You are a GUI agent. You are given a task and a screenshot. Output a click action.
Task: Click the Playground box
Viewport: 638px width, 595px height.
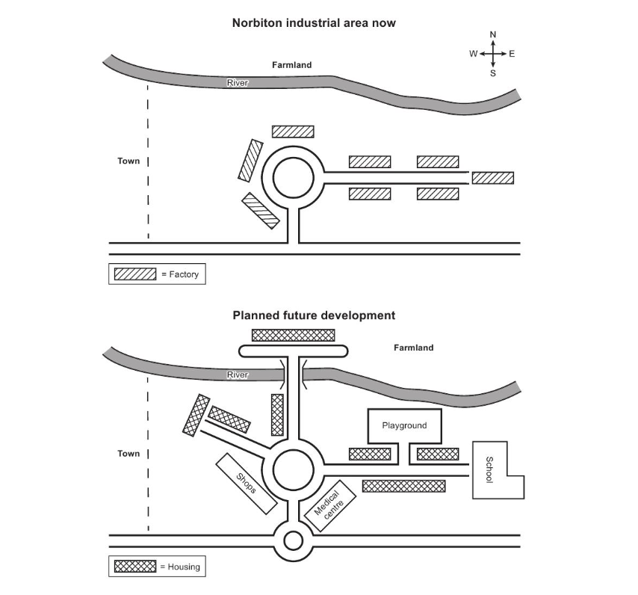click(404, 426)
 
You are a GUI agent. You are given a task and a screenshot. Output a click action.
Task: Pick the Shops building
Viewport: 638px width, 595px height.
click(246, 484)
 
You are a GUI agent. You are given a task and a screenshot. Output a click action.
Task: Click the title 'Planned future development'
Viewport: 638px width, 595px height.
click(313, 315)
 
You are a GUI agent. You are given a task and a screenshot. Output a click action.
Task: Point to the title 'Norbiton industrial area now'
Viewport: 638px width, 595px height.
click(313, 23)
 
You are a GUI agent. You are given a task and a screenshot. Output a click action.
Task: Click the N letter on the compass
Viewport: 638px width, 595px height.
click(493, 34)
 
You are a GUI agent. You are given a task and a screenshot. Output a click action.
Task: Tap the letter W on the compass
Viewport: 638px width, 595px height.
click(474, 54)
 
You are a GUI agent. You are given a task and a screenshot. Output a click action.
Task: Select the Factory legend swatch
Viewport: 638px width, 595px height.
click(134, 274)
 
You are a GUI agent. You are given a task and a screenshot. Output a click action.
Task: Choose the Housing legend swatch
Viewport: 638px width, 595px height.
click(134, 567)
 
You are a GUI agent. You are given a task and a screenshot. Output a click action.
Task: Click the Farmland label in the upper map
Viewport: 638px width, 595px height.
click(292, 65)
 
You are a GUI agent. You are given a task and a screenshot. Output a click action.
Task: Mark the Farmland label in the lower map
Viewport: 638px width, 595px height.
click(413, 348)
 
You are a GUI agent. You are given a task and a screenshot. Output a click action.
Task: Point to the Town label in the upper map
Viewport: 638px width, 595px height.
click(128, 161)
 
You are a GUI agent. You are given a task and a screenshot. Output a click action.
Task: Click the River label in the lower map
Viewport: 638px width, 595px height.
click(237, 374)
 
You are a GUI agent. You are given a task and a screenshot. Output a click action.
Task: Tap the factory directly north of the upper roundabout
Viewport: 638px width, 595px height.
click(293, 132)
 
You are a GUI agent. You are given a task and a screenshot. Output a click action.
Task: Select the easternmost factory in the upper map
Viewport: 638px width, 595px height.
click(493, 178)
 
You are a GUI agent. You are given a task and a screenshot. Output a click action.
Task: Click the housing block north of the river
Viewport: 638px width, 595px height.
click(293, 335)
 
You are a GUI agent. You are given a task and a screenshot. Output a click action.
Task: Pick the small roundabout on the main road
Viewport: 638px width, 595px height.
click(293, 540)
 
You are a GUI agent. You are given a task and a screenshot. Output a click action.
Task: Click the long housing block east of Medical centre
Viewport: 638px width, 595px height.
click(403, 486)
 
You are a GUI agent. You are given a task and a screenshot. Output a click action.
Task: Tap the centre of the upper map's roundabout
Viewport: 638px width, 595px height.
click(293, 178)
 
